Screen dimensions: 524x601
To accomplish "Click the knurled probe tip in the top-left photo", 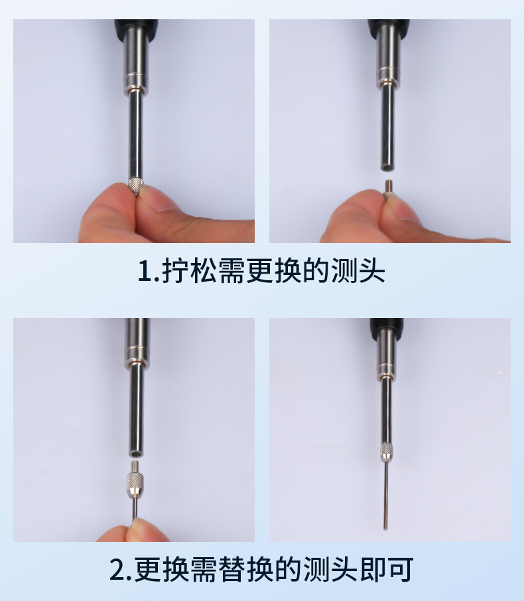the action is click(x=135, y=185).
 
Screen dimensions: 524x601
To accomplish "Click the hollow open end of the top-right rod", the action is click(x=387, y=167).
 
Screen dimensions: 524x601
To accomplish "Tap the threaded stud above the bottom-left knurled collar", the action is click(x=135, y=467).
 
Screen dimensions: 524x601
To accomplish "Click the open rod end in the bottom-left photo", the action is click(x=136, y=454).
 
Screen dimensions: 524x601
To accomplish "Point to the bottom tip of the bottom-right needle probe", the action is click(x=385, y=529).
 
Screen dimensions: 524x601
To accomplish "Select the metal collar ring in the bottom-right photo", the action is click(x=386, y=371).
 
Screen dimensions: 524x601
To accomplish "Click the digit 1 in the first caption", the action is click(x=145, y=271).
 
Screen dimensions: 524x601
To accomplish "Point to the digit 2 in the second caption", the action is click(x=117, y=570).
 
